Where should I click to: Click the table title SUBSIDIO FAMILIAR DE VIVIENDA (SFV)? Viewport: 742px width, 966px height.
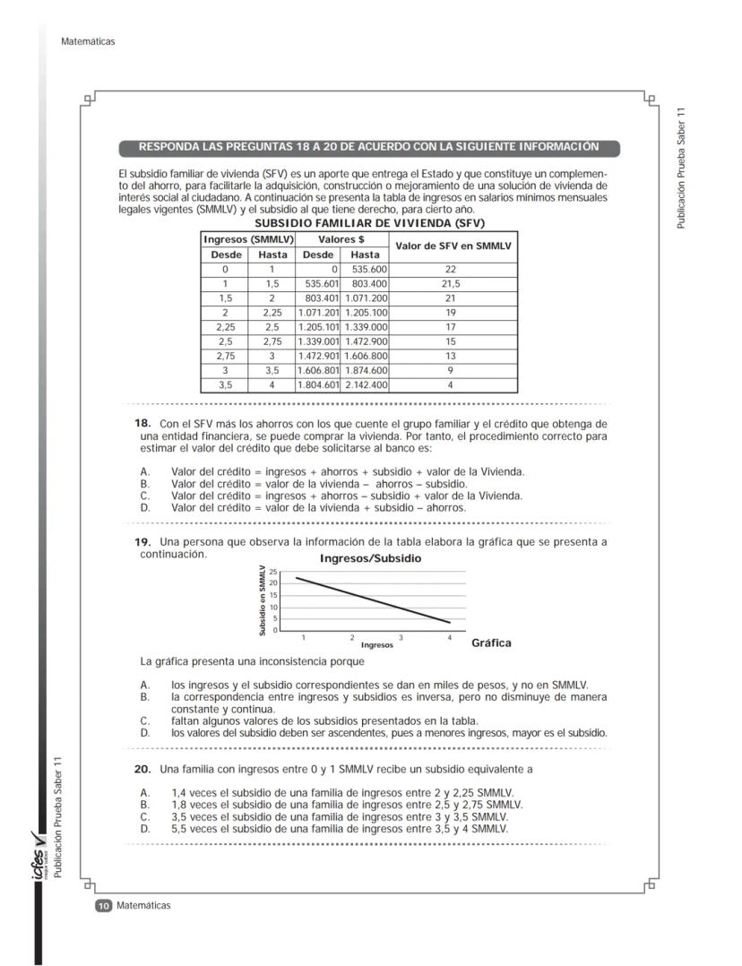[369, 222]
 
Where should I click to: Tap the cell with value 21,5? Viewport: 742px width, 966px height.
[451, 283]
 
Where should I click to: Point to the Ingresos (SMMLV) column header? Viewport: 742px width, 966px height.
[248, 239]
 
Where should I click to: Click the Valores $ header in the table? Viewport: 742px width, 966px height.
[341, 239]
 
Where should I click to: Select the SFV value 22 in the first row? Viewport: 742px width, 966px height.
[451, 269]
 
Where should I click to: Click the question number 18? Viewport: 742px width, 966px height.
[142, 423]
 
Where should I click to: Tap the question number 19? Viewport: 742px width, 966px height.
[142, 542]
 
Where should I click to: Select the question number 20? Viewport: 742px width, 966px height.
[142, 769]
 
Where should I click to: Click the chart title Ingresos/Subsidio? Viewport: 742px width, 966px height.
[370, 558]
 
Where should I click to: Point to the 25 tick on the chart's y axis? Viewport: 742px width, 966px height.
[273, 572]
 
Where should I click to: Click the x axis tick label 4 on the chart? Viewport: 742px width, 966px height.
[449, 637]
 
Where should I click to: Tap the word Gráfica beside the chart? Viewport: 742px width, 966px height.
[491, 643]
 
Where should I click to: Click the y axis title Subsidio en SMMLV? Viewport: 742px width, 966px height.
[263, 600]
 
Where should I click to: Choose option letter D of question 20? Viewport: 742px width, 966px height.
[144, 829]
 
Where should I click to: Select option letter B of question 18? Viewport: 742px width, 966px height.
[144, 484]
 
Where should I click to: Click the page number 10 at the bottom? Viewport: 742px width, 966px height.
[103, 906]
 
